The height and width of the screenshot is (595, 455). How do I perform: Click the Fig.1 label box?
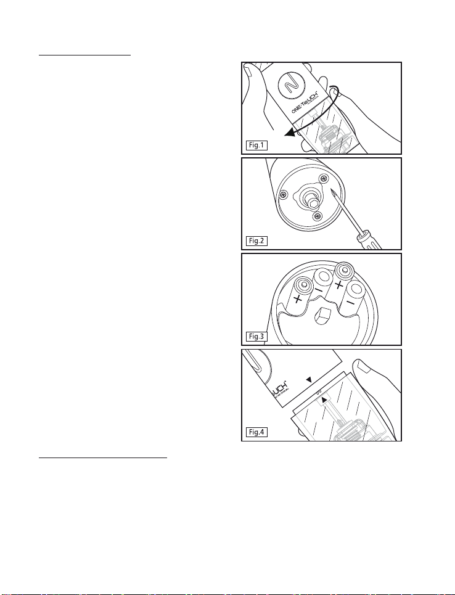pyautogui.click(x=256, y=145)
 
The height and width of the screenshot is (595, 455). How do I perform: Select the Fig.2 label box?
pyautogui.click(x=256, y=240)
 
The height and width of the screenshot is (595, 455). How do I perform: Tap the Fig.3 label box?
pyautogui.click(x=256, y=336)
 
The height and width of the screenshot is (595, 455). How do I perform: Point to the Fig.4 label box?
pyautogui.click(x=256, y=432)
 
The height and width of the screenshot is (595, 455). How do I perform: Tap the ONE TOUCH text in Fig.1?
pyautogui.click(x=305, y=101)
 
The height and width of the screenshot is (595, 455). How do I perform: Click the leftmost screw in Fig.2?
pyautogui.click(x=283, y=195)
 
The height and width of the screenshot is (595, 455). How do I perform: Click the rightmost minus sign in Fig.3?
pyautogui.click(x=351, y=303)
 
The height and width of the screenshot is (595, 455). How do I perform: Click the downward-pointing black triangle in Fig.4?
pyautogui.click(x=309, y=379)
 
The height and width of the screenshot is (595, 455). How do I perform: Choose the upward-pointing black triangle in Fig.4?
pyautogui.click(x=324, y=400)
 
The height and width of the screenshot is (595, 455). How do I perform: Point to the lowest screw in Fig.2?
pyautogui.click(x=318, y=216)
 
